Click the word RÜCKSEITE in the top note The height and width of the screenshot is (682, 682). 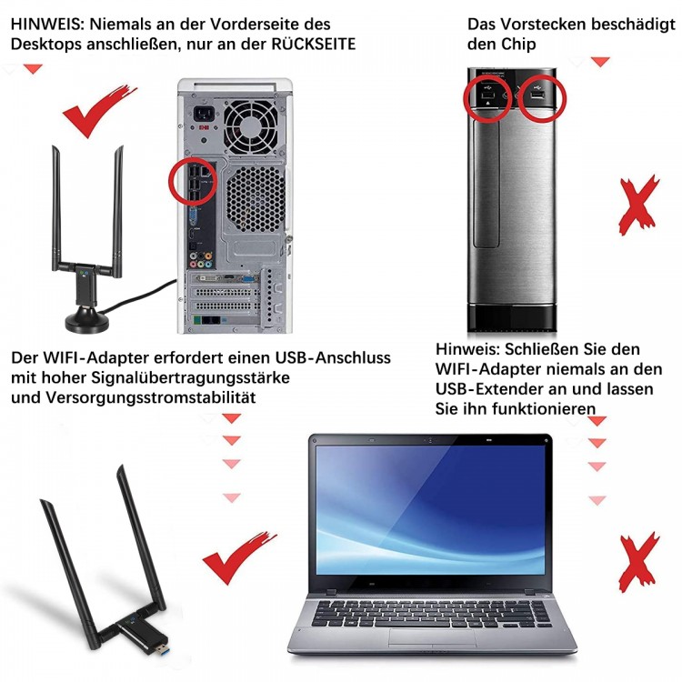pos(313,44)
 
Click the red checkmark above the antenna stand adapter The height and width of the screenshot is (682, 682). pos(98,111)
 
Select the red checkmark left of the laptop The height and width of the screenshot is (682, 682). pos(238,558)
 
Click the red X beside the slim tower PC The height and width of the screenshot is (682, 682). pos(638,206)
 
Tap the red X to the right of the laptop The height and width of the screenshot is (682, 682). pos(638,562)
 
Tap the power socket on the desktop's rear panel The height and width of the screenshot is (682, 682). pos(203,115)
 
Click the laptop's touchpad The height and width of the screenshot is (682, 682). pos(432,639)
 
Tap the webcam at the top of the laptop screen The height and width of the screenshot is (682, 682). pos(430,441)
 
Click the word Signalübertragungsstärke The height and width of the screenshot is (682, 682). pos(191,378)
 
